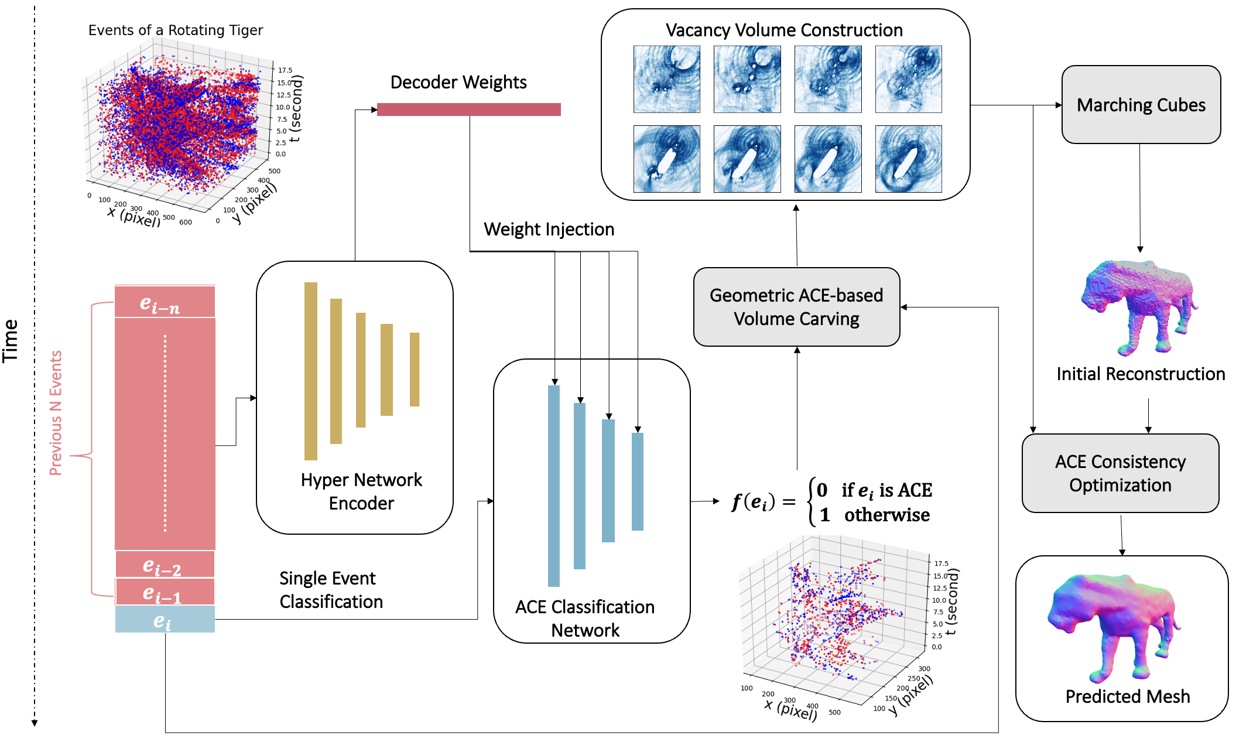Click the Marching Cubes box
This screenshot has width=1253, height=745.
[x=1141, y=105]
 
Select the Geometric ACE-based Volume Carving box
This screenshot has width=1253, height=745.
[x=796, y=307]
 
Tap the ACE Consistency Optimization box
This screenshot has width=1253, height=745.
[x=1120, y=473]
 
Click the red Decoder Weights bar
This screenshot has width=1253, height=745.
[x=468, y=110]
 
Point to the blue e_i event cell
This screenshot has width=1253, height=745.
[x=165, y=620]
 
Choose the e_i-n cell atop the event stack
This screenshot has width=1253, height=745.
[x=165, y=302]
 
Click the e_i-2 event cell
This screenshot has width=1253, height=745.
[x=165, y=565]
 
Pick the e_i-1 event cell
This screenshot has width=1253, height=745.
[x=165, y=592]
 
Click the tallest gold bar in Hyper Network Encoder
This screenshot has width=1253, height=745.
[x=311, y=371]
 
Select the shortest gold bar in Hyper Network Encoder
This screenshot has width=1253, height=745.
[x=415, y=369]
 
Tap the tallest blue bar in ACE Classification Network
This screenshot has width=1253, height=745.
[x=554, y=486]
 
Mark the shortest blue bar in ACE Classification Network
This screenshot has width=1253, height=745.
[x=638, y=481]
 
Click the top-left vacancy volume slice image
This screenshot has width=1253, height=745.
[x=667, y=79]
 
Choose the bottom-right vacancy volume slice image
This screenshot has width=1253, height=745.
[x=908, y=159]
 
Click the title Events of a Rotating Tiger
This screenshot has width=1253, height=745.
[x=176, y=30]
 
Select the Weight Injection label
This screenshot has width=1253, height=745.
[x=549, y=229]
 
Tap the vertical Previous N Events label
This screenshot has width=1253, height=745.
[x=56, y=413]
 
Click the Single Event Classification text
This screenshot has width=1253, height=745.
[x=331, y=590]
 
